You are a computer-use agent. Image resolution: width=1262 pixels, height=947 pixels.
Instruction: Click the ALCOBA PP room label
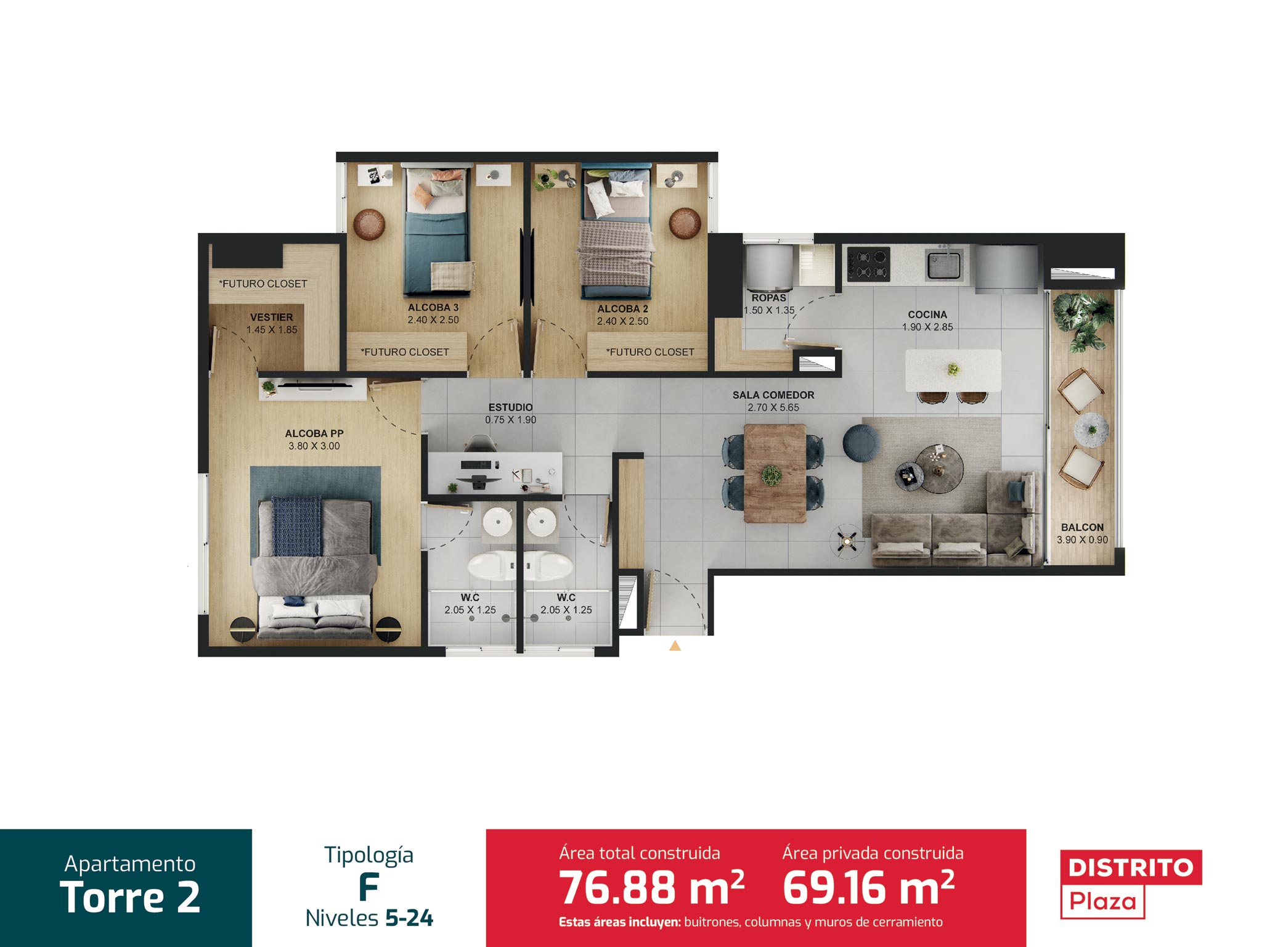click(314, 433)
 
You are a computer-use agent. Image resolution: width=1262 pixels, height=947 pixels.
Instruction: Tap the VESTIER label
click(272, 317)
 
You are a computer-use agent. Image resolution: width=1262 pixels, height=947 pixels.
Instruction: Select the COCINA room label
click(927, 314)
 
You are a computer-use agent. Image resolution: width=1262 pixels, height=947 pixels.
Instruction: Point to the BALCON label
click(1082, 527)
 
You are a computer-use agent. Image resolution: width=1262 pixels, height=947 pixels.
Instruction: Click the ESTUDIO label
click(510, 407)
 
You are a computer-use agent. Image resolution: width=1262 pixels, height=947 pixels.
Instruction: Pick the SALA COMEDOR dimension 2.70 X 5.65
click(773, 408)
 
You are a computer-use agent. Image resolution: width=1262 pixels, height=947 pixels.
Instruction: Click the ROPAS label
click(768, 298)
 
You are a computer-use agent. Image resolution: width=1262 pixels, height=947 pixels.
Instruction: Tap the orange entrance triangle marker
click(675, 646)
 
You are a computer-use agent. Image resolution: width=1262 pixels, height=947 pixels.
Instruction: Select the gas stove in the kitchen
click(868, 264)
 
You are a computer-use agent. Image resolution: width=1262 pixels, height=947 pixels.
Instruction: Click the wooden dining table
click(775, 473)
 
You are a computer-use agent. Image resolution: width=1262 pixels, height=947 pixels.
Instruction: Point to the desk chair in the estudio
click(479, 443)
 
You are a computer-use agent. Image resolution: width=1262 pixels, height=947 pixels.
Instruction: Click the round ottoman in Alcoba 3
click(368, 224)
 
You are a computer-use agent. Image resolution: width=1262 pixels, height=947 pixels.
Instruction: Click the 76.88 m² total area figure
click(651, 888)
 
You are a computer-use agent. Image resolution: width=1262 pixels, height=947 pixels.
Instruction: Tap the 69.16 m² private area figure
click(869, 888)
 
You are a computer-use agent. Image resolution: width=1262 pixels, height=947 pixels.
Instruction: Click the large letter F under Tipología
click(368, 888)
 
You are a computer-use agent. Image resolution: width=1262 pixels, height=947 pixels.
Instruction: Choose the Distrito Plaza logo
click(1131, 884)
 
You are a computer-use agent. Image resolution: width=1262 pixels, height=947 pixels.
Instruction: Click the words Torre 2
click(130, 897)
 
